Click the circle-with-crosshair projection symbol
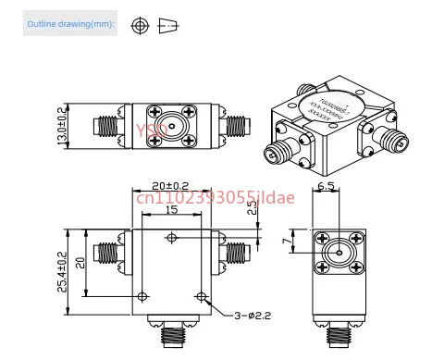[x=140, y=25]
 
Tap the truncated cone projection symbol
[x=167, y=25]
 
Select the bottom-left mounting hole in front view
[x=142, y=296]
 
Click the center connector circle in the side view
[x=339, y=251]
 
